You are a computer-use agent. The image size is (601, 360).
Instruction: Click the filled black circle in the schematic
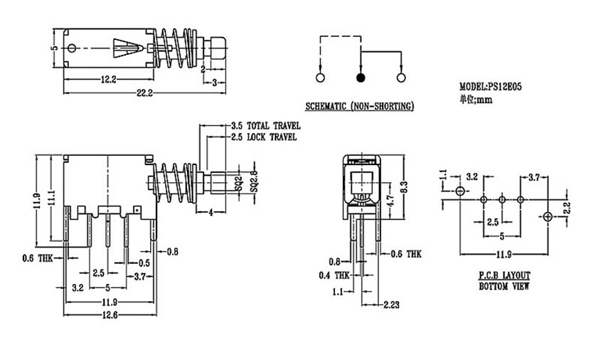coord(361,78)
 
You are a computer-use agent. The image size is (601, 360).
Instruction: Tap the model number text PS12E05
coord(504,87)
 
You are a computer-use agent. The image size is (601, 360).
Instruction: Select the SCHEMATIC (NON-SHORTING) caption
coord(359,106)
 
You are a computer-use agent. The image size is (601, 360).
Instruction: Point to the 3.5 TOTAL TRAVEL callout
coord(265,126)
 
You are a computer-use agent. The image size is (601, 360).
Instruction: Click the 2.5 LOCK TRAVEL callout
coord(264,137)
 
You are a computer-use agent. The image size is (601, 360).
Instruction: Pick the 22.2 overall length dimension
coord(144,92)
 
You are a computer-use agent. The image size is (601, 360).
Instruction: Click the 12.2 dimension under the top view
coord(109,80)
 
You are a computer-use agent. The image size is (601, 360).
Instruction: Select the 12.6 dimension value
coord(110,314)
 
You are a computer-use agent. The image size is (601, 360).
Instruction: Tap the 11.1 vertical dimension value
coord(50,199)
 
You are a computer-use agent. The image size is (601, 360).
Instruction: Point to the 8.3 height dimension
coord(405,186)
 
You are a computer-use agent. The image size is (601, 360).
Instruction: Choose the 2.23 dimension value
coord(391,305)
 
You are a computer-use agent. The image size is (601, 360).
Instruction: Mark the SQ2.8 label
coord(254,181)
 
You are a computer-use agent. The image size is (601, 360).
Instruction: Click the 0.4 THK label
coord(334,275)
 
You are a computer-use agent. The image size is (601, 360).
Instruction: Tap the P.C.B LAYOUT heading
coord(504,275)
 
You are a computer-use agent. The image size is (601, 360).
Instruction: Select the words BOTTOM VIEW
coord(504,286)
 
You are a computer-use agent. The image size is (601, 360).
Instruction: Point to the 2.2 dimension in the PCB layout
coord(567,209)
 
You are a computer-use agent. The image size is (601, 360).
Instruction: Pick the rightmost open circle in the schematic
coord(401,78)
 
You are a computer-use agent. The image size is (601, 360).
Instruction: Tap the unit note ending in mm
coord(477,100)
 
